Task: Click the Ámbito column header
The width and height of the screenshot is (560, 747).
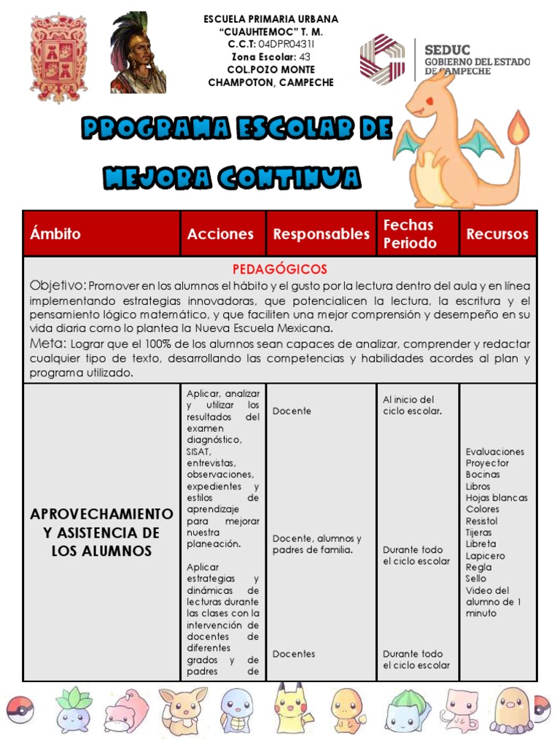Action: [55, 234]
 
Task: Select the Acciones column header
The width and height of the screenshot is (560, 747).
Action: [220, 234]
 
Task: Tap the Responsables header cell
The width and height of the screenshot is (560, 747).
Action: [321, 234]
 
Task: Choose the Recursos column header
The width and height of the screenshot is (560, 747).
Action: [497, 234]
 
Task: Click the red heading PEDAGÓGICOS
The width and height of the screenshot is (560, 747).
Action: [280, 269]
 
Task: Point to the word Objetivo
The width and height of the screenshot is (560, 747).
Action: [58, 285]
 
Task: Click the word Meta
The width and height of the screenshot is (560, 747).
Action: [48, 344]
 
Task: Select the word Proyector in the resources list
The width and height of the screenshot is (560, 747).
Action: [487, 463]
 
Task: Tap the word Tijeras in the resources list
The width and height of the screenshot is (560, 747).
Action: [478, 533]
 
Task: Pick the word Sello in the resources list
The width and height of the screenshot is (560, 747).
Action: [475, 578]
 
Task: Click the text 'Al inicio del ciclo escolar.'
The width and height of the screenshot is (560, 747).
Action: [412, 405]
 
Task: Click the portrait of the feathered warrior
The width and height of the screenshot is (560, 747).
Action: [138, 53]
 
